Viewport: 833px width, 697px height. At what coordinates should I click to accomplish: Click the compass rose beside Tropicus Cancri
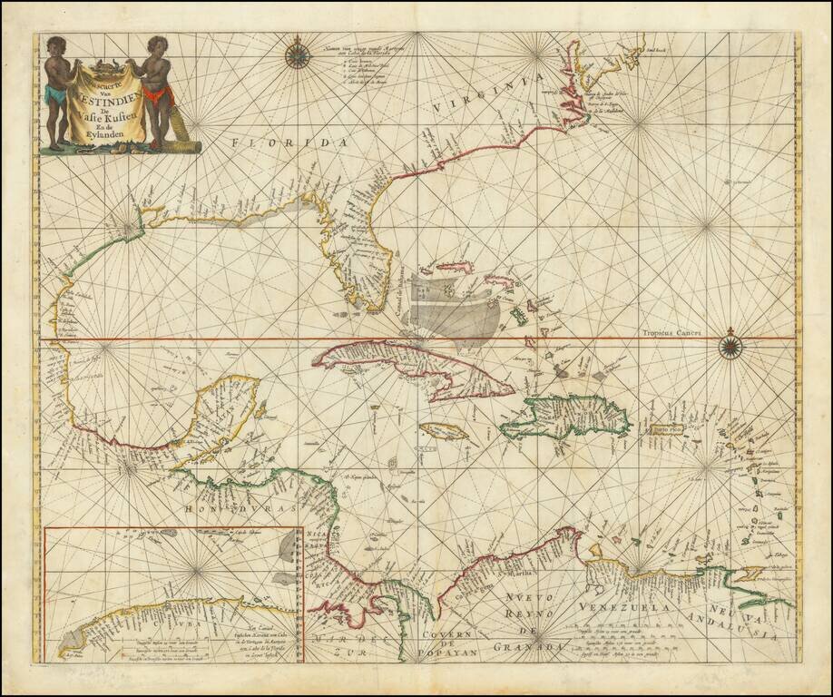click(730, 345)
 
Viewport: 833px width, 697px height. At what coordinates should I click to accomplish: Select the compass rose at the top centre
click(298, 55)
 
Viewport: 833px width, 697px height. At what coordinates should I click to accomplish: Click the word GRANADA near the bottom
click(530, 647)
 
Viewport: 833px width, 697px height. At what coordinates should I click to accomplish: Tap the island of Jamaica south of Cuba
click(444, 431)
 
